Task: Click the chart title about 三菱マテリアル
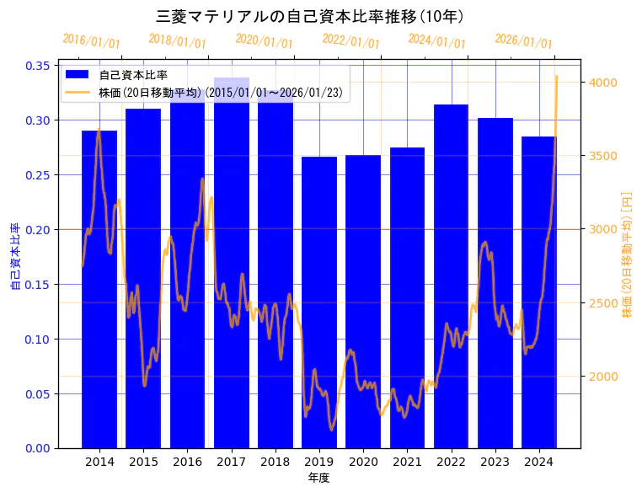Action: [x=311, y=16]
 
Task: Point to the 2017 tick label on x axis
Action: [x=231, y=462]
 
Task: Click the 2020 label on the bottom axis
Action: [x=363, y=462]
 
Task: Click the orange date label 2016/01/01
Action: [x=92, y=41]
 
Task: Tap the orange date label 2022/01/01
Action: [x=351, y=41]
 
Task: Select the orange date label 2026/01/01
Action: [x=524, y=41]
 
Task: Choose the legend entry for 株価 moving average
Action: [x=220, y=93]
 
